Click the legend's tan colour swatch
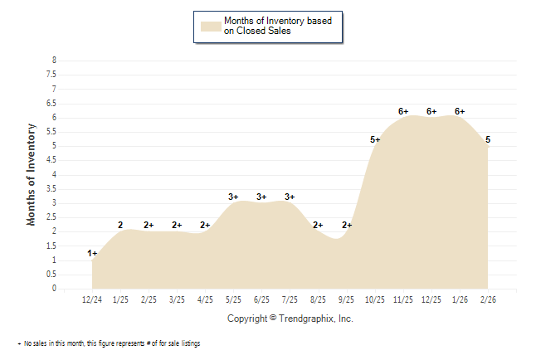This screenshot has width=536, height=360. click(211, 26)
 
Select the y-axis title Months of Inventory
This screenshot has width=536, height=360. click(32, 174)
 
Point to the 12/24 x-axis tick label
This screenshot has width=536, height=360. click(92, 299)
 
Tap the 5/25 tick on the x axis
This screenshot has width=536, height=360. click(233, 299)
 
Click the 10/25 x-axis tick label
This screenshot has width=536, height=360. click(375, 299)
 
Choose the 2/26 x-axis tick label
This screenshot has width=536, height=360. click(488, 299)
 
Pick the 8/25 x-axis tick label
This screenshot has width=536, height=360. click(318, 299)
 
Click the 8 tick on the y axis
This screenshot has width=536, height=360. click(54, 61)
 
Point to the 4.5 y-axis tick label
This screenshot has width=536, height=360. click(52, 160)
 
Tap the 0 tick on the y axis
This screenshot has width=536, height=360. click(54, 289)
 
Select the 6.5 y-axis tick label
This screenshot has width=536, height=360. click(52, 103)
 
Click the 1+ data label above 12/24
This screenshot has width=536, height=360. click(92, 253)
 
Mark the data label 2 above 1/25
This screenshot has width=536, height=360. click(120, 225)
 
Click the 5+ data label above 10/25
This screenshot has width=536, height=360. click(375, 139)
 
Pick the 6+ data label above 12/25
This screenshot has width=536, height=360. click(431, 111)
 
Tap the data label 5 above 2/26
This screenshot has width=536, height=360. click(488, 139)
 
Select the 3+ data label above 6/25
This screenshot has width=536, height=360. click(261, 197)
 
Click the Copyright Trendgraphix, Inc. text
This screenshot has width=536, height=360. click(290, 319)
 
